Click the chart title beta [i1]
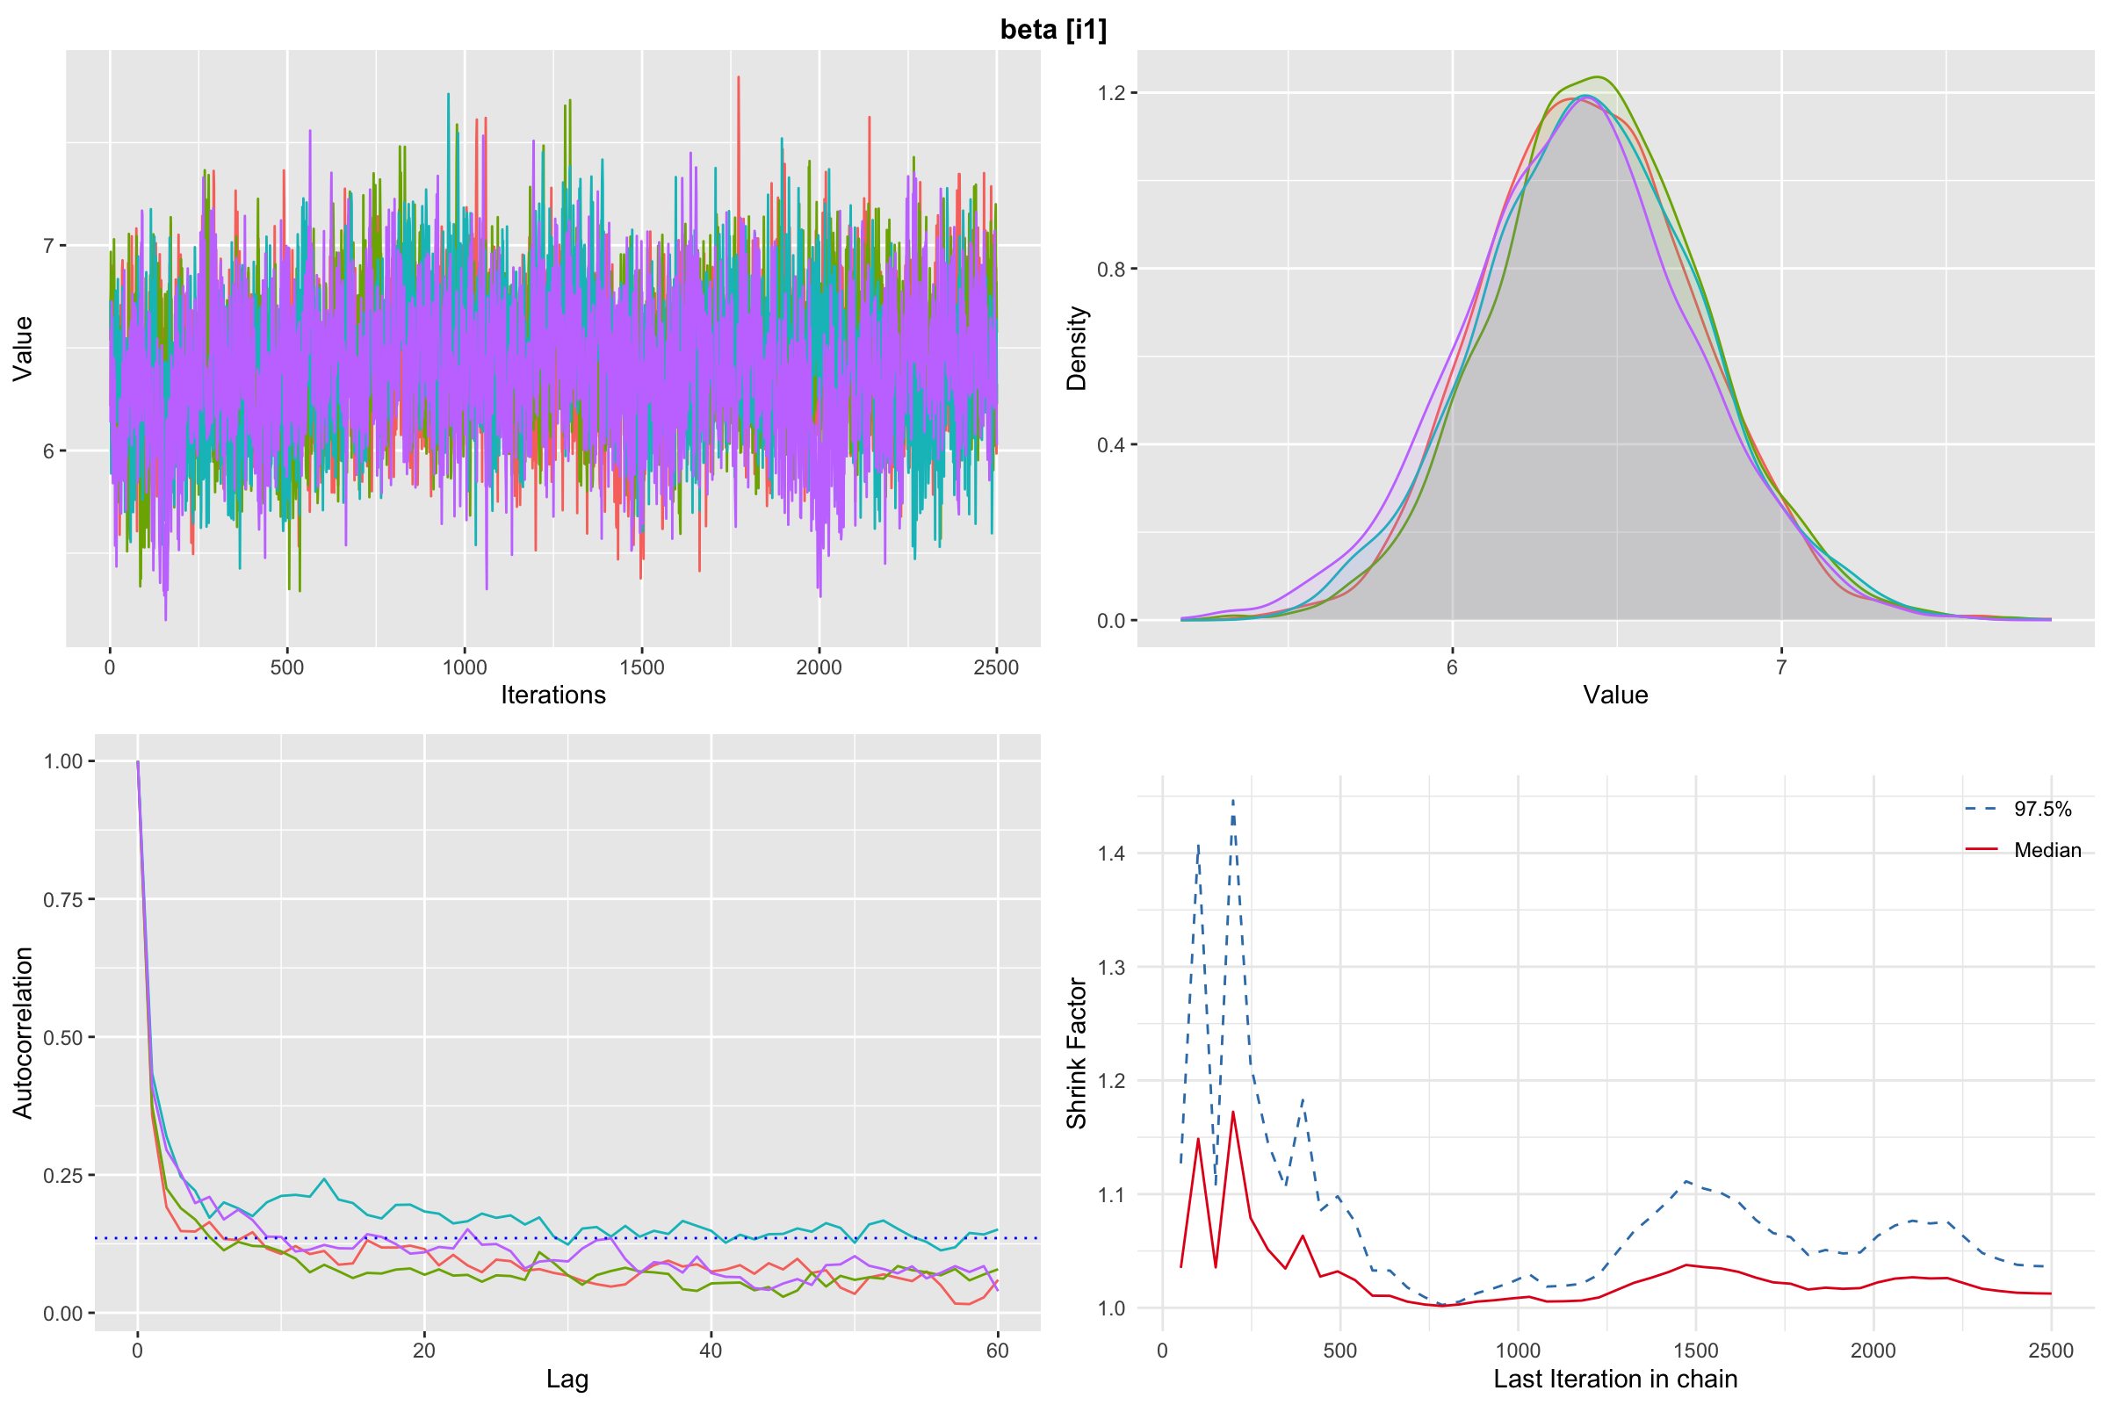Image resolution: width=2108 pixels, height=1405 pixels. click(x=1053, y=30)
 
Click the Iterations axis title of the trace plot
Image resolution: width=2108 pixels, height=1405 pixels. click(x=553, y=695)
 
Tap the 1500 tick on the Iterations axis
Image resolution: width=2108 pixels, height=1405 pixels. click(x=642, y=667)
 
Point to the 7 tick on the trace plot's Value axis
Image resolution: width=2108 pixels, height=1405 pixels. click(x=49, y=246)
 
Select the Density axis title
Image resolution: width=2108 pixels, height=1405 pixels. click(x=1077, y=348)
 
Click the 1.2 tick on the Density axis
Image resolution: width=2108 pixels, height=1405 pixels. click(x=1111, y=93)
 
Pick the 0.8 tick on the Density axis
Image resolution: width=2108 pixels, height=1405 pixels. click(x=1111, y=269)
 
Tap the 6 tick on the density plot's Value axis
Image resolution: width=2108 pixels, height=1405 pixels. click(x=1452, y=667)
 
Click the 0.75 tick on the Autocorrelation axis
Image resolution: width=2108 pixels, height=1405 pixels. click(x=62, y=898)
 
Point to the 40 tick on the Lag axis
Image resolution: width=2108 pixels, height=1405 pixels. click(x=711, y=1351)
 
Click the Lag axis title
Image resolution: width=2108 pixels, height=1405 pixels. click(x=567, y=1379)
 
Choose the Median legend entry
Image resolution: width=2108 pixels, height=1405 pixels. click(x=2047, y=850)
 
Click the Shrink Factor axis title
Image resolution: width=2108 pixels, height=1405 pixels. click(x=1077, y=1053)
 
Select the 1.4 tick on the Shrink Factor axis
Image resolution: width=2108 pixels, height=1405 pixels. click(x=1111, y=853)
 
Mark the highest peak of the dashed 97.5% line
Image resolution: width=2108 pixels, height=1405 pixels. click(x=1233, y=800)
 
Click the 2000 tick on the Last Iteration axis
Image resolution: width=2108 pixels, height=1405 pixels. click(x=1873, y=1351)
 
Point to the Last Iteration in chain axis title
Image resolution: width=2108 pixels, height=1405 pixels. click(x=1615, y=1379)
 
